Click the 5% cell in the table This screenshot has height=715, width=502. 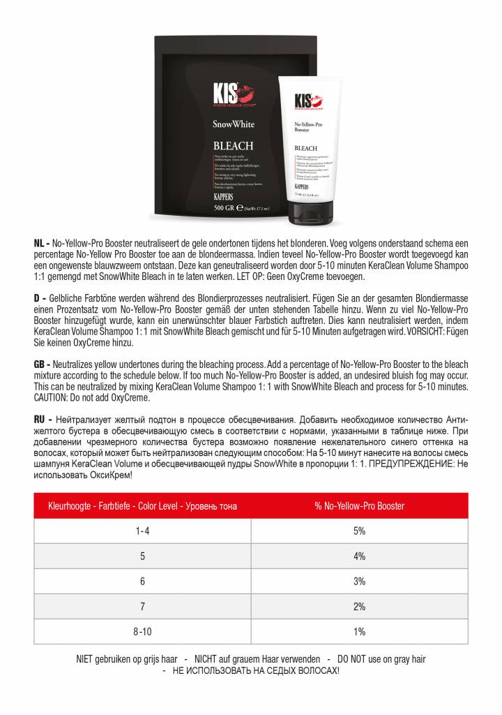coord(359,531)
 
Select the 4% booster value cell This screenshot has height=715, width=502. coord(359,556)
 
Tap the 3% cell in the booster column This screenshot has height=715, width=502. coord(359,581)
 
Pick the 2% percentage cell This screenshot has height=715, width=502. coord(359,606)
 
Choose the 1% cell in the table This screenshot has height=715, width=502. coord(359,631)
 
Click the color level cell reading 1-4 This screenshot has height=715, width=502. coord(142,531)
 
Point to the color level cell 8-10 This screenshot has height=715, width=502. coord(142,631)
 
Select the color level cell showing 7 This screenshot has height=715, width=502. coord(142,606)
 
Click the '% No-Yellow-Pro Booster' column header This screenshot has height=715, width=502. coord(359,506)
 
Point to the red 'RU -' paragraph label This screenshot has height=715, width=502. coord(43,420)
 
